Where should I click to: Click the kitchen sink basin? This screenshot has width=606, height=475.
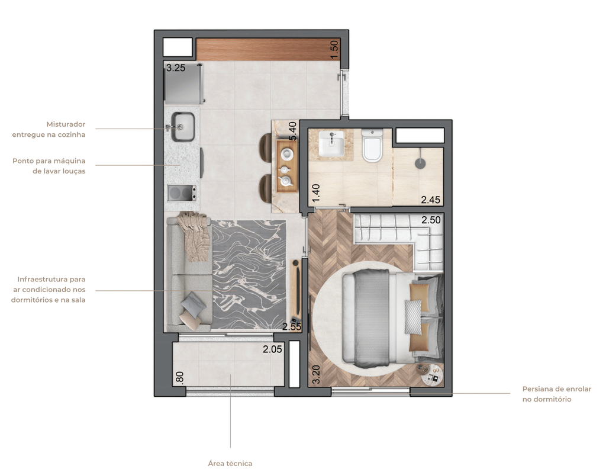[183, 127]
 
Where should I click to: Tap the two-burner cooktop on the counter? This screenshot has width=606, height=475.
[182, 192]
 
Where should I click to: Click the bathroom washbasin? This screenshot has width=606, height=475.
[331, 144]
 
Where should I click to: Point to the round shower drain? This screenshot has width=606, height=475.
[421, 163]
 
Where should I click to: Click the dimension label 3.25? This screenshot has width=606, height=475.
[176, 68]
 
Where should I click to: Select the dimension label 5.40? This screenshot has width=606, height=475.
[292, 131]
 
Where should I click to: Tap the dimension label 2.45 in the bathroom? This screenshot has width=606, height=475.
[431, 200]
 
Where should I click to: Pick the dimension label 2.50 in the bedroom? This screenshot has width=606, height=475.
[431, 220]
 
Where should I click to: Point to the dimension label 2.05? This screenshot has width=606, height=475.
[273, 349]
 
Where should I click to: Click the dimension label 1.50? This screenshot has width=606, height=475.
[334, 49]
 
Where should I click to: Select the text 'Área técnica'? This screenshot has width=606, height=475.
[230, 463]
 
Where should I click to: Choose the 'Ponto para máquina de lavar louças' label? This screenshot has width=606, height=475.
[49, 166]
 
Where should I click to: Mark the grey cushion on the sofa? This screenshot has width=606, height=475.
[193, 306]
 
